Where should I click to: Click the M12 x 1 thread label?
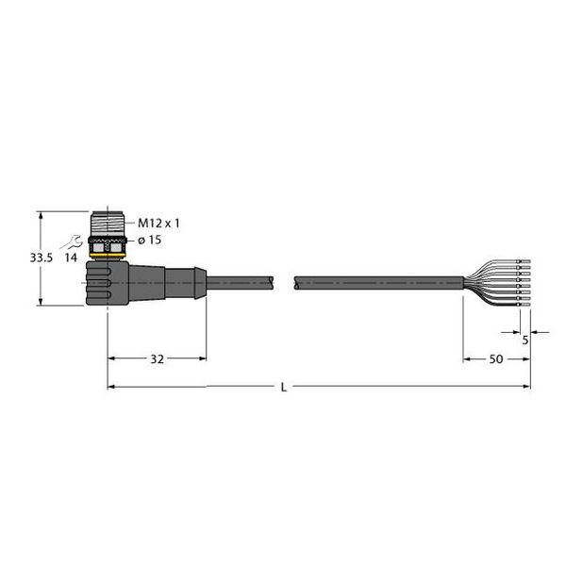coord(158,224)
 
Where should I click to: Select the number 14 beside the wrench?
coord(71,257)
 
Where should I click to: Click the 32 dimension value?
coord(158,359)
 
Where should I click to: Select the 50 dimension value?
coord(495,359)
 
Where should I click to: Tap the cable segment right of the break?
coord(377,281)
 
